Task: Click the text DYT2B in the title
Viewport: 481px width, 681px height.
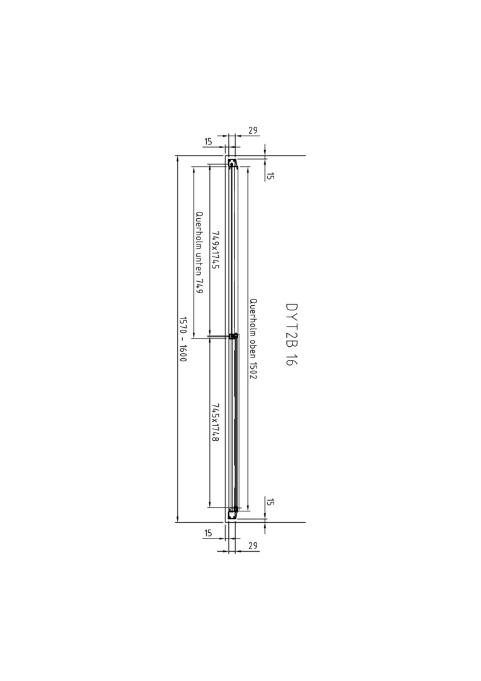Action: coord(291,325)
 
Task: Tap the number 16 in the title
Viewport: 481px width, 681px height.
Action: coord(291,359)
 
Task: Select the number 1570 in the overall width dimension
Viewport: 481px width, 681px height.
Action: coord(183,325)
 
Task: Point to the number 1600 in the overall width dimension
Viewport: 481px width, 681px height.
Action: coord(183,353)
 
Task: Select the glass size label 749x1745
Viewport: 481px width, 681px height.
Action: coord(215,249)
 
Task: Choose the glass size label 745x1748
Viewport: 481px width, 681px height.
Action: coord(215,422)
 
